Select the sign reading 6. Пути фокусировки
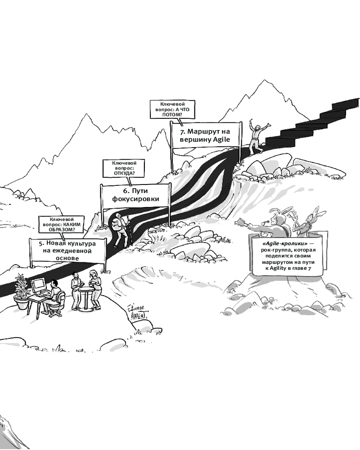point(135,195)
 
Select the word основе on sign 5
point(69,258)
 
